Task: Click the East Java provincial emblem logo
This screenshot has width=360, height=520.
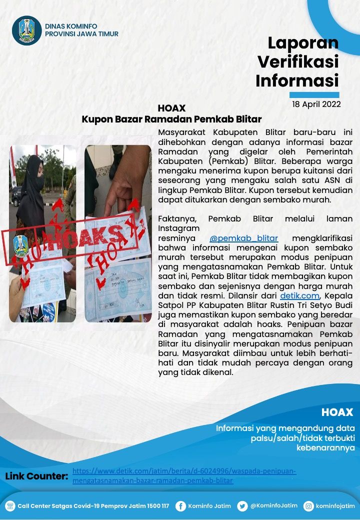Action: click(27, 30)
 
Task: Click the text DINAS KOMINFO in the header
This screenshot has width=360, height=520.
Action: click(71, 26)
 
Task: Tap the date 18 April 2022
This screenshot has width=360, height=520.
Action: click(316, 104)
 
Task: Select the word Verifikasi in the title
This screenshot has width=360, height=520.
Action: click(297, 61)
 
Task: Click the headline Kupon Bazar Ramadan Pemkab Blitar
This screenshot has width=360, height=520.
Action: click(171, 119)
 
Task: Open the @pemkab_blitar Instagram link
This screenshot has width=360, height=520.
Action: click(243, 237)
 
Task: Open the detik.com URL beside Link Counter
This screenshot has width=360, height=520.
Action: click(184, 476)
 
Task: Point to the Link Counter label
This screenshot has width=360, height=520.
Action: click(36, 476)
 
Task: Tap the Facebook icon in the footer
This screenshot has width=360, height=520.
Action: click(180, 506)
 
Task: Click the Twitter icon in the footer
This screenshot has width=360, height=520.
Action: click(242, 506)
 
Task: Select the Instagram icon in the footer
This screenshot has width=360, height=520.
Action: click(308, 506)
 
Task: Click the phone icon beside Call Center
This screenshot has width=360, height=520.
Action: click(10, 506)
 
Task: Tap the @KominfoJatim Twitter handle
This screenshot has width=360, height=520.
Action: click(273, 505)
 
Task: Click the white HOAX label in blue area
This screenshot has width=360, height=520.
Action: click(337, 412)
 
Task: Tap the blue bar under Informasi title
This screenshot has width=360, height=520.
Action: click(314, 94)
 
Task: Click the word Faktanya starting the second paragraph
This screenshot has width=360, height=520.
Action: click(175, 218)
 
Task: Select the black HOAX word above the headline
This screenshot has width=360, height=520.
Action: click(171, 108)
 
